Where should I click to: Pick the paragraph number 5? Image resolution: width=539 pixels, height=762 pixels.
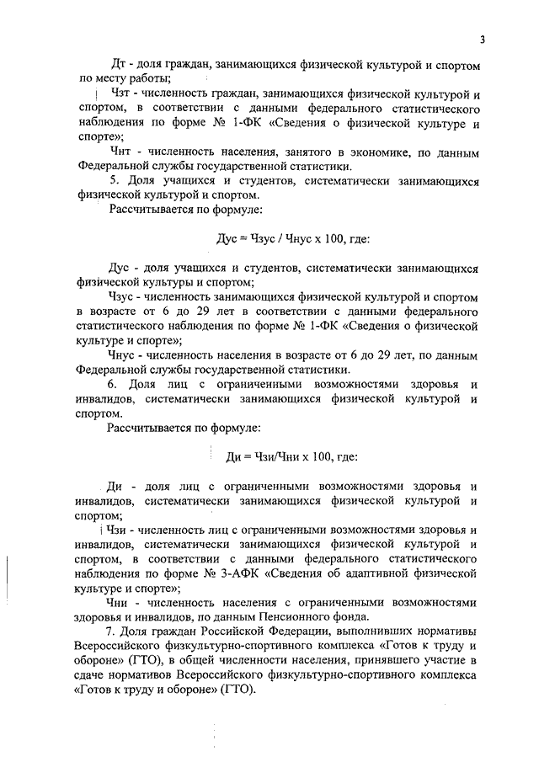pyautogui.click(x=114, y=181)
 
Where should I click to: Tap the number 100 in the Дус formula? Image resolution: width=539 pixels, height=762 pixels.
pyautogui.click(x=329, y=240)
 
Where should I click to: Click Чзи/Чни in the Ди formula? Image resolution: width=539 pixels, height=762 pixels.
pyautogui.click(x=271, y=457)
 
